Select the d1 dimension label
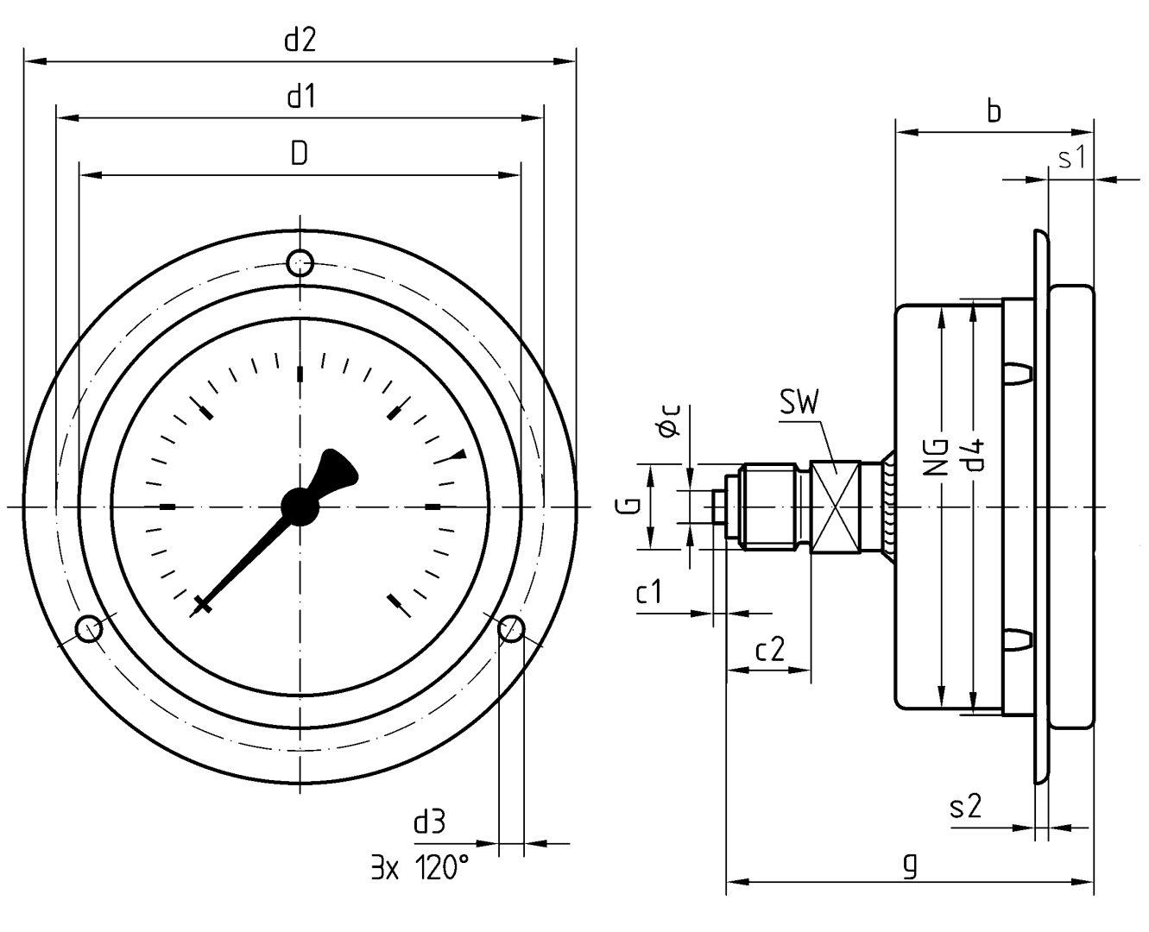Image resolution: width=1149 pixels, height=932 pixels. pyautogui.click(x=300, y=97)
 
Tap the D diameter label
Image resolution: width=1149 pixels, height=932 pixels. pyautogui.click(x=300, y=154)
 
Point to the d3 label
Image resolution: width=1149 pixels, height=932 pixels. pyautogui.click(x=430, y=822)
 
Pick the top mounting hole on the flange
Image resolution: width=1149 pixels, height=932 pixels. pyautogui.click(x=300, y=261)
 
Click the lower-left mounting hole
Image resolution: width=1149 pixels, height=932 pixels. pyautogui.click(x=89, y=629)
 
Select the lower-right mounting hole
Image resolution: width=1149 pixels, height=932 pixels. pyautogui.click(x=511, y=628)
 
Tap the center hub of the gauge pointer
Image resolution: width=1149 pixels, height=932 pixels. pyautogui.click(x=300, y=506)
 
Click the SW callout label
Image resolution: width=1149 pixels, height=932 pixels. pyautogui.click(x=799, y=403)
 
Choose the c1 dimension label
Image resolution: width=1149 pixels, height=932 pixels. pyautogui.click(x=649, y=593)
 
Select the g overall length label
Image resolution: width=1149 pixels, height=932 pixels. pyautogui.click(x=908, y=864)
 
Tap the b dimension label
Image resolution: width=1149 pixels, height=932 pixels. pyautogui.click(x=994, y=112)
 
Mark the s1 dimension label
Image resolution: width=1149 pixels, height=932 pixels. pyautogui.click(x=1070, y=159)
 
